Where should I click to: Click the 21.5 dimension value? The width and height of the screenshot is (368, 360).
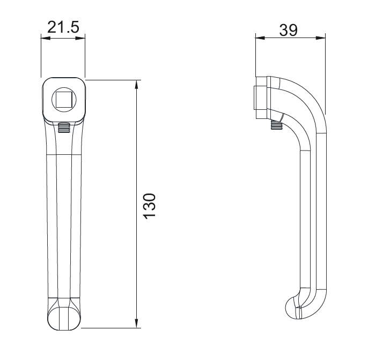click(63, 27)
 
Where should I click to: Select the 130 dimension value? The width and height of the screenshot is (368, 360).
click(150, 206)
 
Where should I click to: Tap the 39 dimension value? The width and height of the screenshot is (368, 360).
click(289, 30)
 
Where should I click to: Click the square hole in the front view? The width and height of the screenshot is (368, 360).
click(64, 100)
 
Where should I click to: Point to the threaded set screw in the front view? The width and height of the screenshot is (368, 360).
click(64, 128)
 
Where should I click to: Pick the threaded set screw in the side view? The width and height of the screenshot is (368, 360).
click(276, 125)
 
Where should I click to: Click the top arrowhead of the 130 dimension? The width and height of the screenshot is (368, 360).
click(136, 85)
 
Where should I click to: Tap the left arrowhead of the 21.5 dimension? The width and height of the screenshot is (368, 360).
click(46, 38)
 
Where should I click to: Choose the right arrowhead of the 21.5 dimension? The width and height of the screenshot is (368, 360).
click(80, 38)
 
